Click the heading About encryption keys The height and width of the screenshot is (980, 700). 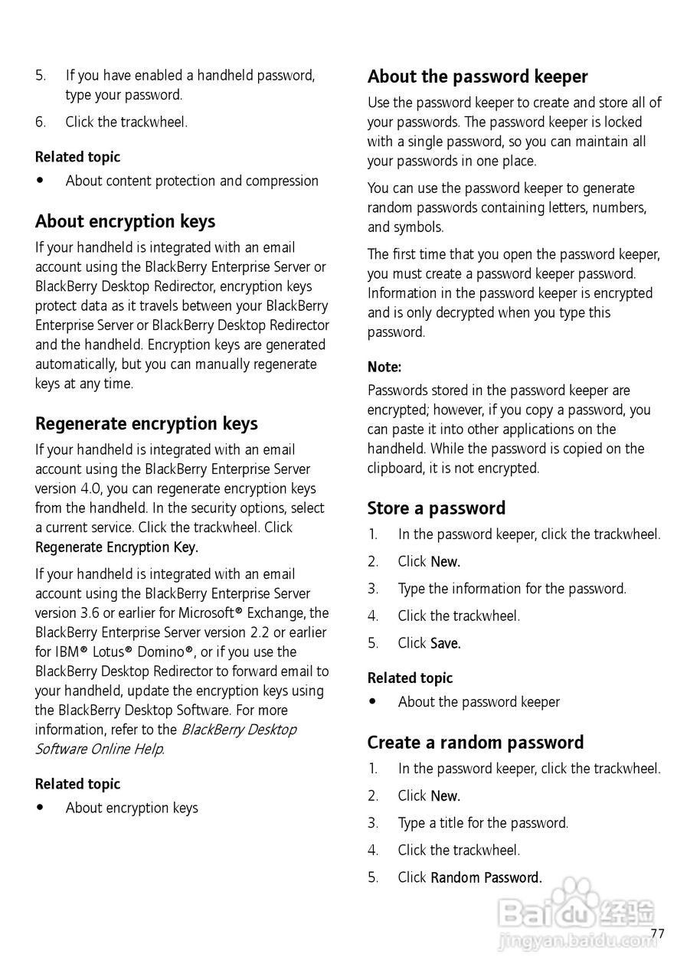click(125, 222)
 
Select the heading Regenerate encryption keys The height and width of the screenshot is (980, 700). click(146, 424)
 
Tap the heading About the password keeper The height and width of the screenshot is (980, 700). click(477, 77)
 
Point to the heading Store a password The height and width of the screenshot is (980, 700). click(437, 508)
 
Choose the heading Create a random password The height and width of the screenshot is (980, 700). click(475, 743)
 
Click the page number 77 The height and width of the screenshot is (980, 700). click(657, 933)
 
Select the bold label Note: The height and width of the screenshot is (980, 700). click(384, 367)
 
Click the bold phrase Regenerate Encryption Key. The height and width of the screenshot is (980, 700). click(116, 547)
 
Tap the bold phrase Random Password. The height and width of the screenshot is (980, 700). click(486, 878)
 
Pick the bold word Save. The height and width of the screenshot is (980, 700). click(446, 644)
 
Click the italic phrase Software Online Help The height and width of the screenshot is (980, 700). click(100, 750)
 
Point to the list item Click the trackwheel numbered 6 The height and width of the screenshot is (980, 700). click(126, 122)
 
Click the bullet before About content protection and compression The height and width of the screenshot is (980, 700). click(40, 181)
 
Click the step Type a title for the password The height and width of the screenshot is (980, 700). click(482, 824)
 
